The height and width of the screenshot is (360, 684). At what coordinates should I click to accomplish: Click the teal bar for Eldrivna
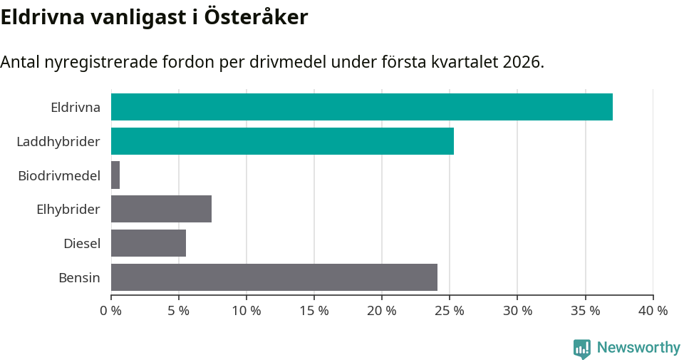point(361,107)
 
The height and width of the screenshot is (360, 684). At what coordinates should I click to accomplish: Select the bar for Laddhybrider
point(282,141)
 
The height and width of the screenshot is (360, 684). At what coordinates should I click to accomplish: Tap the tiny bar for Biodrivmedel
point(115,175)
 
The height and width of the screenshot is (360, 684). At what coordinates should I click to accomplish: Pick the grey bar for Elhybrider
point(161,209)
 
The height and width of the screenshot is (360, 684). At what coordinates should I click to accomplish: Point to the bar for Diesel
point(148,243)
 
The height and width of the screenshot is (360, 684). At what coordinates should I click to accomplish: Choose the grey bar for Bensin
point(274,277)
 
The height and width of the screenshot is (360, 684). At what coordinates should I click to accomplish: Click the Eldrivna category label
point(76,108)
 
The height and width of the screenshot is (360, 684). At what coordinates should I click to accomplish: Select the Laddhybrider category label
point(58,142)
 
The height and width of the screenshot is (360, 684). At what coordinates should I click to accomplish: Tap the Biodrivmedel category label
point(59,175)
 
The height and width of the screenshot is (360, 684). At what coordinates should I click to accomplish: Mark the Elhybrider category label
point(68,210)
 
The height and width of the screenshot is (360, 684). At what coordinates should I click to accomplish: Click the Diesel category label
point(82,244)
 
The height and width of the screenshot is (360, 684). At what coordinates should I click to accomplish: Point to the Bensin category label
point(79,277)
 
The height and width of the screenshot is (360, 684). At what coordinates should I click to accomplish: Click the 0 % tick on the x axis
point(111,311)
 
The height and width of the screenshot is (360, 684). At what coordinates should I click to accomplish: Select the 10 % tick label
point(247,311)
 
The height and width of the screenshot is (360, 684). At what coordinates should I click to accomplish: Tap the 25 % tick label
point(450,311)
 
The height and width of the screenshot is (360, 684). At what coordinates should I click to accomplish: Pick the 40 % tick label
point(653,311)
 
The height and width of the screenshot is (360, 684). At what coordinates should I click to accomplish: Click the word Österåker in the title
point(256,17)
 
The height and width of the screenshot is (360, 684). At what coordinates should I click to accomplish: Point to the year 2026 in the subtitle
point(522,62)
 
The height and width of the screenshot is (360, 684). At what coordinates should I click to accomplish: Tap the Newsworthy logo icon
point(582,349)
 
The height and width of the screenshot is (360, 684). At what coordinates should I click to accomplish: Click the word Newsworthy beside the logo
point(638,348)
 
